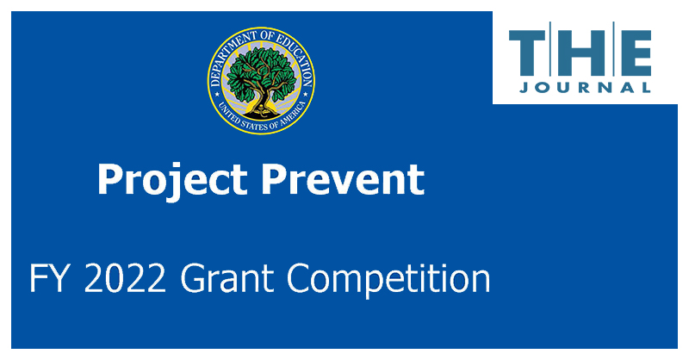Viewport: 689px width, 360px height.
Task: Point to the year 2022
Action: click(x=123, y=279)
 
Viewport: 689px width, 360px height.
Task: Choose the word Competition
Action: click(x=388, y=279)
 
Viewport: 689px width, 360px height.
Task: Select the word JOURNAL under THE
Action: click(x=586, y=87)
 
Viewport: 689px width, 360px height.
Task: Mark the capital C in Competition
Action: click(x=298, y=279)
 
